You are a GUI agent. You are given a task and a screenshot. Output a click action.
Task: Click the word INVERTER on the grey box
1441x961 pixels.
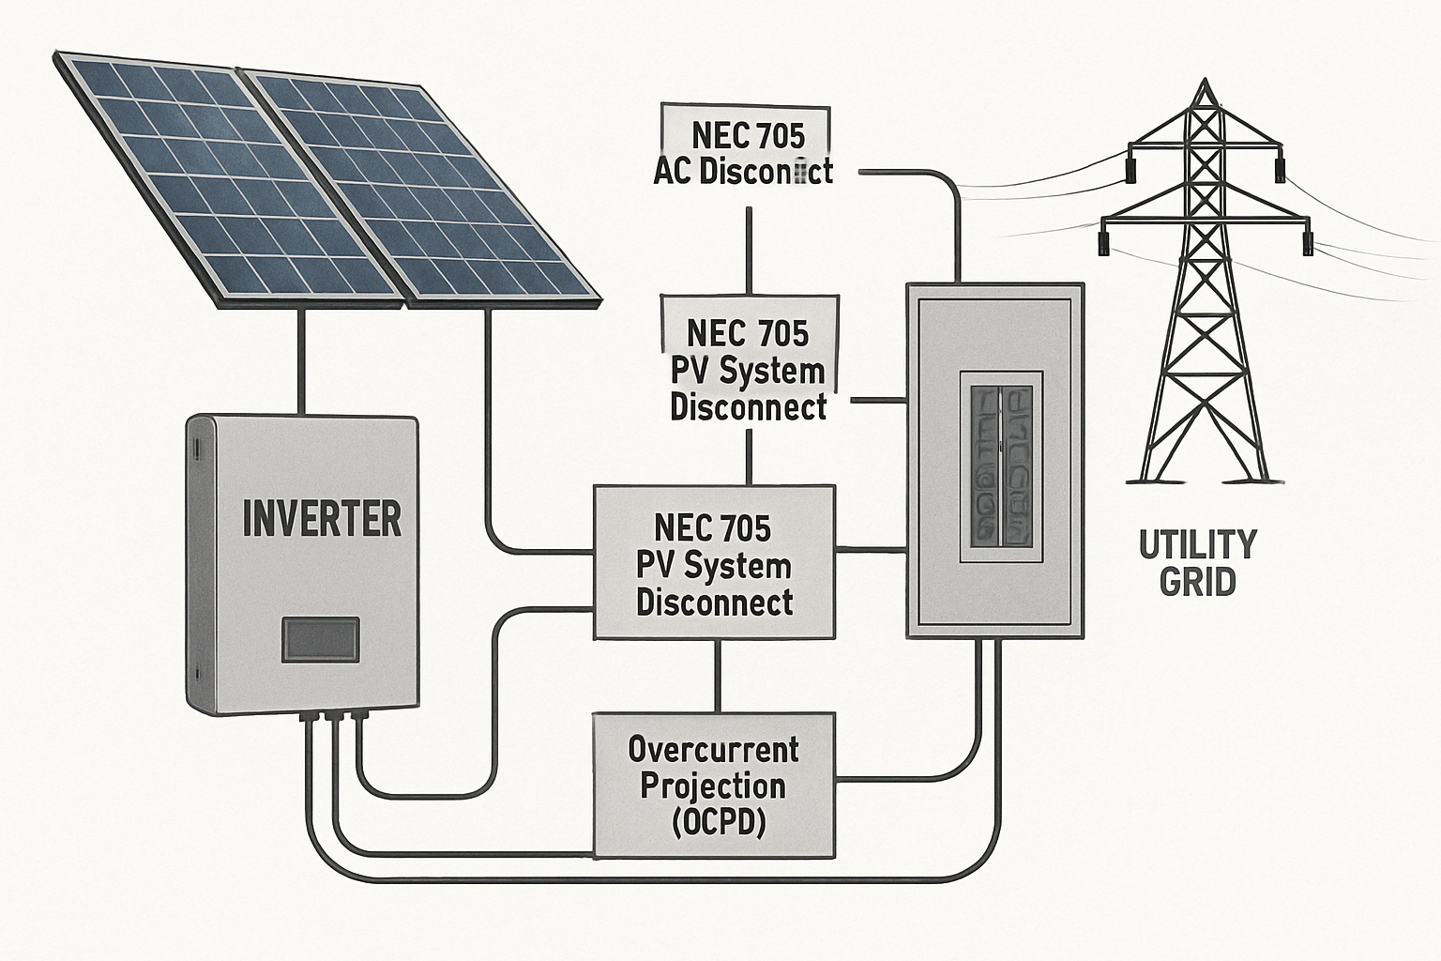coord(322,518)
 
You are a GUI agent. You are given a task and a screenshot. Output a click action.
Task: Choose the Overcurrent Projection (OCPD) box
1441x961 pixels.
coord(714,785)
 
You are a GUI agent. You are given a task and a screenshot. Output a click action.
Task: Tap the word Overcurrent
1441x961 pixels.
coord(714,749)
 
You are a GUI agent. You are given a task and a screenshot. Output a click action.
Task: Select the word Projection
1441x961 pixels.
coord(713,786)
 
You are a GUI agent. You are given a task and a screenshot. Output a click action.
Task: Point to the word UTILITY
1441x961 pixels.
coord(1197,544)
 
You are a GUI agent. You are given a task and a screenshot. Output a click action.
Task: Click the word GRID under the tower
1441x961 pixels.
coord(1197,582)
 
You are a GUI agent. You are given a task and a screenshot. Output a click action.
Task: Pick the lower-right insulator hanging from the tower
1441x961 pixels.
coord(1308,243)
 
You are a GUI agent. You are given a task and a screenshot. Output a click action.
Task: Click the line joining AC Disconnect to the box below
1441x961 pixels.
coord(749,251)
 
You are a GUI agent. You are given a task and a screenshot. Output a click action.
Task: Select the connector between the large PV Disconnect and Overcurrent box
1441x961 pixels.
coord(718,676)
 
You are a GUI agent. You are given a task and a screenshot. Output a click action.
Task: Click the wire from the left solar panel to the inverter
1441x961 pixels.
coord(300,361)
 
